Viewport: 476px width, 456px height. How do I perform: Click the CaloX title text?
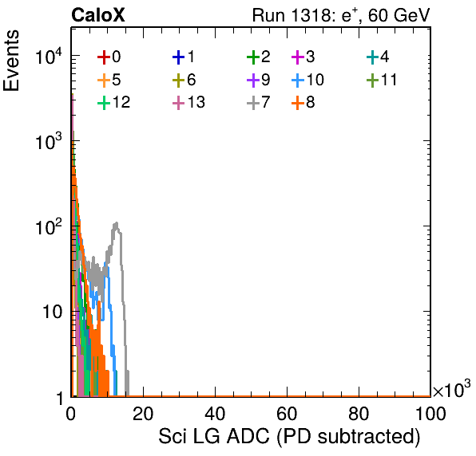[98, 15]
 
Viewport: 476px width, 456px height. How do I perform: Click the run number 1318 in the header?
[310, 15]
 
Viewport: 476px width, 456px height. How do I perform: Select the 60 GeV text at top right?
[399, 15]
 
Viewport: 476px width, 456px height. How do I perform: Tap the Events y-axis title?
[11, 61]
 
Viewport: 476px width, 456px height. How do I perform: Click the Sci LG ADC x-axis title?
[289, 437]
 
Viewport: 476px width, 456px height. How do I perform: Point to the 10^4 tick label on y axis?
[49, 56]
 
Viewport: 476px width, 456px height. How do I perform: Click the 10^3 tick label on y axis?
[49, 141]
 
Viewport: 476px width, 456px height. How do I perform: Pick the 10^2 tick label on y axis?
[49, 226]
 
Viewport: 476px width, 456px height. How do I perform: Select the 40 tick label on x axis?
[215, 414]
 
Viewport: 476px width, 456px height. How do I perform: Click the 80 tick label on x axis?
[359, 414]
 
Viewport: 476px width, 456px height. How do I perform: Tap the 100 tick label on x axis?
[430, 414]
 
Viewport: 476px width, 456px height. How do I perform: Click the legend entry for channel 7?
[259, 102]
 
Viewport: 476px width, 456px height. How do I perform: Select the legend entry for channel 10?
[307, 80]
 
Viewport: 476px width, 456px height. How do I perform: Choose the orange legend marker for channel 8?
[298, 103]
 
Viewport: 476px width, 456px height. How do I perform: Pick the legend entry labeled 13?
[188, 102]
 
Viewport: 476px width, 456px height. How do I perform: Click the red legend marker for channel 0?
[104, 57]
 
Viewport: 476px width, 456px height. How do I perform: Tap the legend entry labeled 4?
[378, 57]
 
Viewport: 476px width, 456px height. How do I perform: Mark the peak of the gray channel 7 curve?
[116, 223]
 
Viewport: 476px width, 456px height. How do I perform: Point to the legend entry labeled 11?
[382, 80]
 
